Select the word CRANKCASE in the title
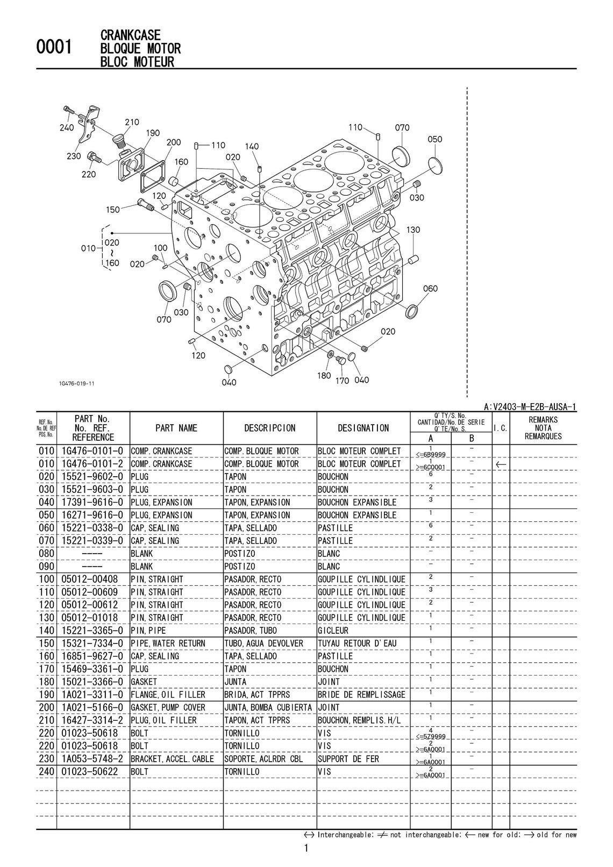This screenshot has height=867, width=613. pos(131,35)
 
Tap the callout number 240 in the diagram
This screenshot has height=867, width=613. pos(67,128)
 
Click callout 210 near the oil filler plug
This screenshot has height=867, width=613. pos(132,123)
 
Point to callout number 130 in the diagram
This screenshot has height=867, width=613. pos(413,230)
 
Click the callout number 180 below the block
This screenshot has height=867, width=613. pos(324,376)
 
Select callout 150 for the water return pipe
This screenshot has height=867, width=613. pos(113,210)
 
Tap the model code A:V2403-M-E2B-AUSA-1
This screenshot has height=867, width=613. pos(530,407)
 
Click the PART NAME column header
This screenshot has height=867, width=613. pos(176,428)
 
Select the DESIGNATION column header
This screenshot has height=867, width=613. pos(363,428)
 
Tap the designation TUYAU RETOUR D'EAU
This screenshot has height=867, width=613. pos(357,643)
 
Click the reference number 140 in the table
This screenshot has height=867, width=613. pos(46,630)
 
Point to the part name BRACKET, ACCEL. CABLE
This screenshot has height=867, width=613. pos(172,759)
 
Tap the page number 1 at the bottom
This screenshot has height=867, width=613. pos(306,849)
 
